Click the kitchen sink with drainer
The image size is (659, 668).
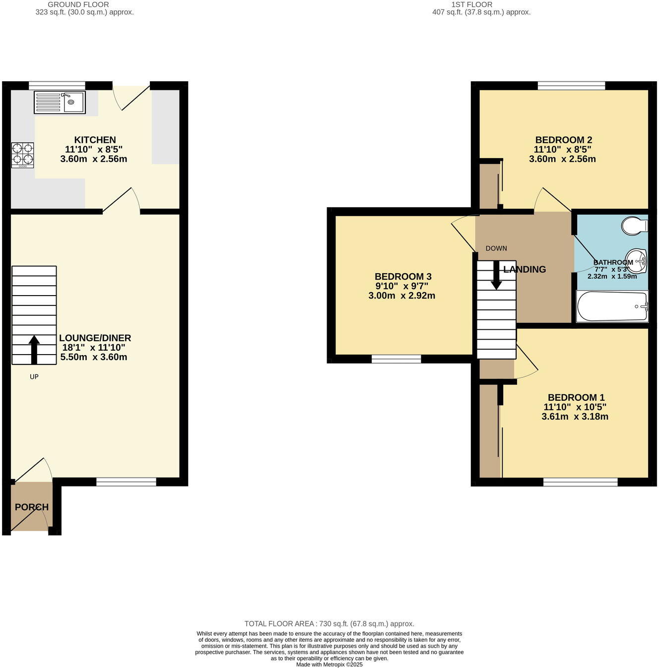(60, 102)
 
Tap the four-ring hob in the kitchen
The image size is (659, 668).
(23, 154)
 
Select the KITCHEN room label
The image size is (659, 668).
(95, 140)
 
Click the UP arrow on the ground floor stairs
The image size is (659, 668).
(34, 349)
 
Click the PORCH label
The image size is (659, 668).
(32, 507)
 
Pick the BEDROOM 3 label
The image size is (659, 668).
(403, 276)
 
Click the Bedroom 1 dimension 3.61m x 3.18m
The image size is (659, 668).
(575, 417)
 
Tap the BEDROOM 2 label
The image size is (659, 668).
(563, 140)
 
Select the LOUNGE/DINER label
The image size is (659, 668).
(95, 338)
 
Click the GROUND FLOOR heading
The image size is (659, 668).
(78, 4)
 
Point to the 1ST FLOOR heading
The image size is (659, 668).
(471, 4)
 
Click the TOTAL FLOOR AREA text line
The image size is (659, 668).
(329, 624)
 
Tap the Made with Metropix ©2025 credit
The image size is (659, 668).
(329, 665)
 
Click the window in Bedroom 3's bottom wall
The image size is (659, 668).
(396, 359)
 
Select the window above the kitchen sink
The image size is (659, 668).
(57, 85)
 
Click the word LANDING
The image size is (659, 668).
(525, 269)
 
